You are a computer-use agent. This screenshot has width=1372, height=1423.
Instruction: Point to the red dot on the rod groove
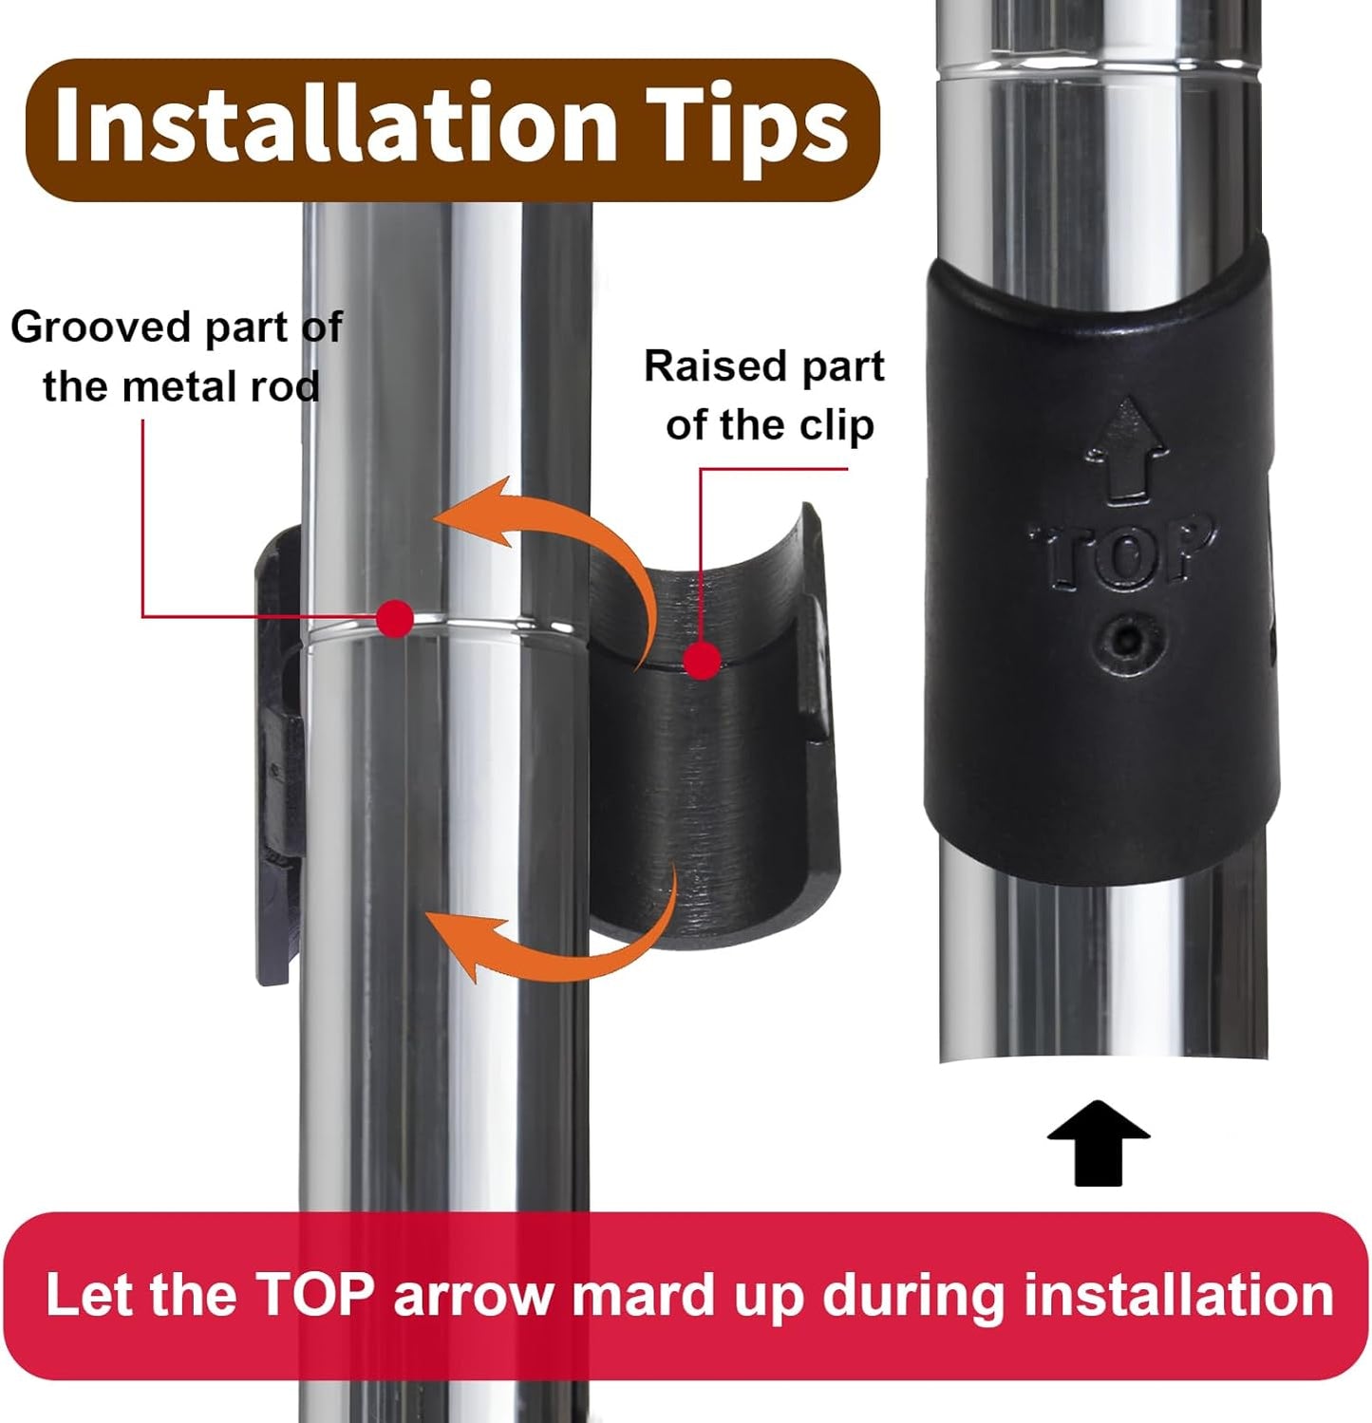tap(395, 619)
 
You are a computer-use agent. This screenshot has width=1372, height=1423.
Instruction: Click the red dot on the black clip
tap(702, 660)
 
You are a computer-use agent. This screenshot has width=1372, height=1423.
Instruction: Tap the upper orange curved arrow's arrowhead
tap(470, 514)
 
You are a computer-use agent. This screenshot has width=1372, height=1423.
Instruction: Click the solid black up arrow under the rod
tap(1099, 1143)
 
